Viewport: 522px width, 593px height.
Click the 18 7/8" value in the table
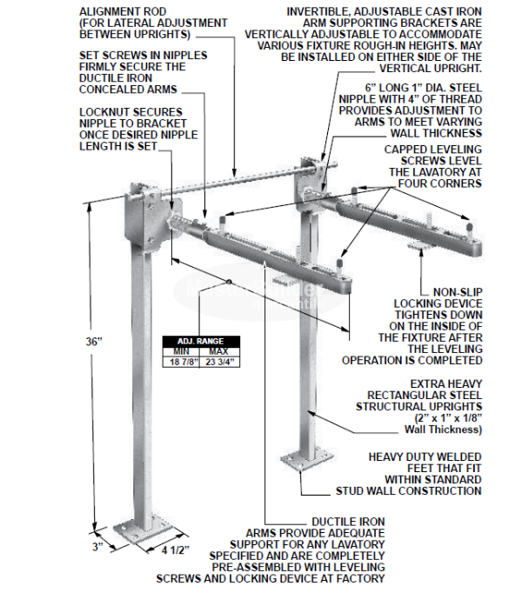click(183, 360)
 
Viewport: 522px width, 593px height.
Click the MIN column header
click(183, 350)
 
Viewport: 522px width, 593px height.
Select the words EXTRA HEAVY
click(439, 383)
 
